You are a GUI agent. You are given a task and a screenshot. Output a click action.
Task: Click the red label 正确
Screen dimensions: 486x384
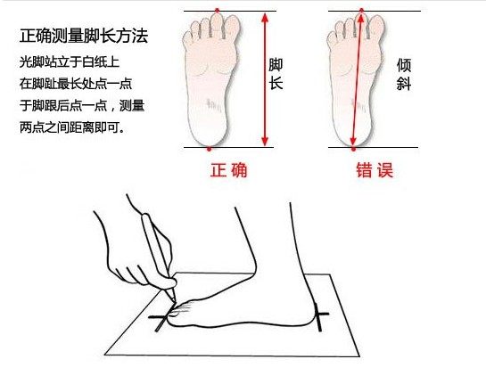229,170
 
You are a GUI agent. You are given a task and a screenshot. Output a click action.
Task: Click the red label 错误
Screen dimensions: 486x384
375,170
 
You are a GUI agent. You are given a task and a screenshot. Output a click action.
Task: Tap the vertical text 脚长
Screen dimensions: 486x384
276,74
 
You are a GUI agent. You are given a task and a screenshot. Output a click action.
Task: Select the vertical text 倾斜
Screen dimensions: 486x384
404,74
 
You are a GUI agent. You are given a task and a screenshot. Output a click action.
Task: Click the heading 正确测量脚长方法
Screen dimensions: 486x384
84,36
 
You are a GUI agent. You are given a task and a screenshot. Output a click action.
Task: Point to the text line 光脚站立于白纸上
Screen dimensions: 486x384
70,62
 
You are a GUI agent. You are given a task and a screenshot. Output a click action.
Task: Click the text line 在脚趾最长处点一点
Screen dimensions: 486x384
76,84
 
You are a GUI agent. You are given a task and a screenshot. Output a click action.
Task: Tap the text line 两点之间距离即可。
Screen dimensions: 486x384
72,127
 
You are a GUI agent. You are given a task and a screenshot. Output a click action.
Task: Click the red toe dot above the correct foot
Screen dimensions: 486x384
218,11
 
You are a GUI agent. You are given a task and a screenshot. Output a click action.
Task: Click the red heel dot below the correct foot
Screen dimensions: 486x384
210,150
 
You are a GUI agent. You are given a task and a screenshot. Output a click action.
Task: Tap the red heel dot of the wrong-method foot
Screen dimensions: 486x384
354,150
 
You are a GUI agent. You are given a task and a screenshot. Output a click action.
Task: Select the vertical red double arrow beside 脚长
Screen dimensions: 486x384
264,79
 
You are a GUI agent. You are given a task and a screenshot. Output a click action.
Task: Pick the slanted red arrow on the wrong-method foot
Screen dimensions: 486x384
357,79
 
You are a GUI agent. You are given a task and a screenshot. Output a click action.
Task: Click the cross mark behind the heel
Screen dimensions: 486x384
319,316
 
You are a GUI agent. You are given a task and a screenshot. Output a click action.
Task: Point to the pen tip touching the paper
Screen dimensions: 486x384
174,301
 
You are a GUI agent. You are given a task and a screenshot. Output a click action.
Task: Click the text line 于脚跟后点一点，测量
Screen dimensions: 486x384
82,105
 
